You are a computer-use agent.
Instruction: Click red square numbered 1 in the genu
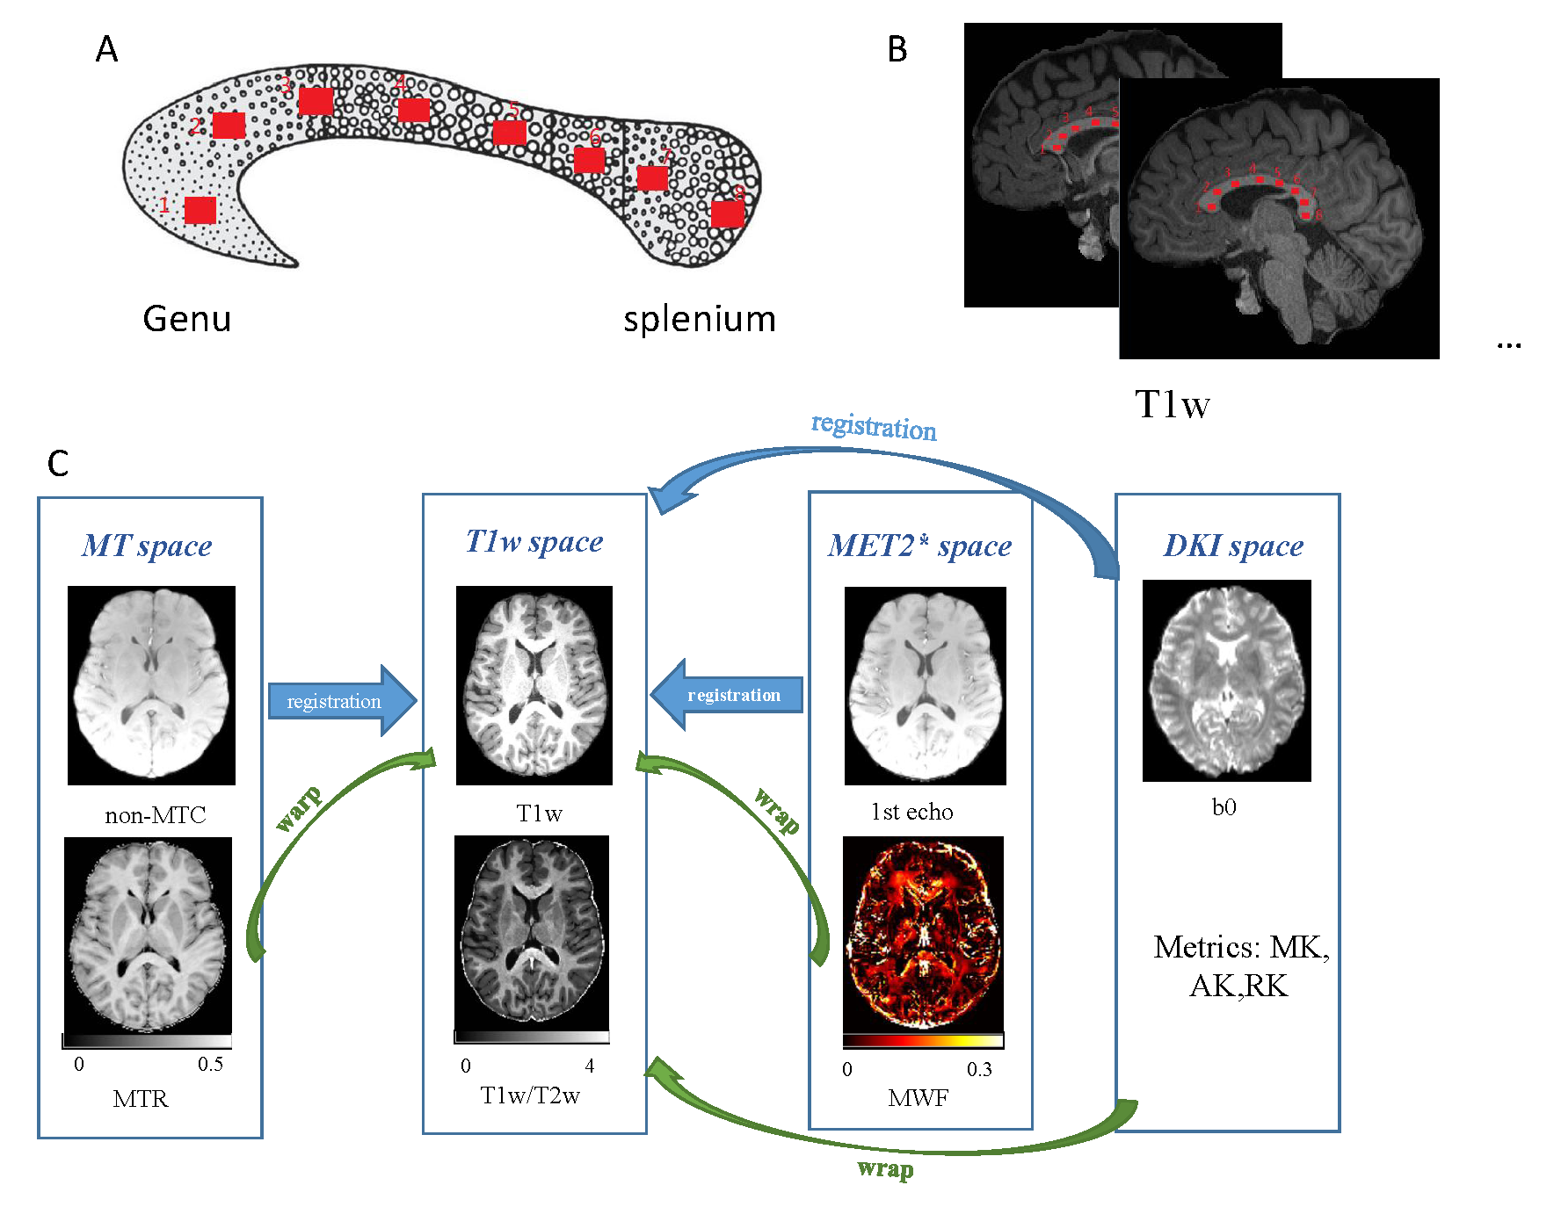tap(200, 210)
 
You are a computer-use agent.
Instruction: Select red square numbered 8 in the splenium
tap(728, 213)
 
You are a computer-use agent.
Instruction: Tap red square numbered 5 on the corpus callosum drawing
tap(510, 133)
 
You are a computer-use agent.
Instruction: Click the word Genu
tap(186, 319)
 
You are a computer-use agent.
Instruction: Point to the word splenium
tap(700, 319)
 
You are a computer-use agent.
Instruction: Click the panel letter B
tap(897, 50)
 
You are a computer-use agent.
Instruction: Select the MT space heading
tap(147, 546)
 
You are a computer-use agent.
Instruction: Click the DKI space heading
tap(1233, 546)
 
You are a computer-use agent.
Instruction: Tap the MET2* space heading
tap(919, 546)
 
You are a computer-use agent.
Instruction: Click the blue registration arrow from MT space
tap(338, 700)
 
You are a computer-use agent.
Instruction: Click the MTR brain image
tap(148, 935)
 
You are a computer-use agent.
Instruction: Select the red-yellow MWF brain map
tap(923, 933)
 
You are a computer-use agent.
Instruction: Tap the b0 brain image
tap(1226, 681)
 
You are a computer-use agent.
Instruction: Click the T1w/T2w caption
tap(530, 1095)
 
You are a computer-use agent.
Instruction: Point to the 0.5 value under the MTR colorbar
tap(210, 1064)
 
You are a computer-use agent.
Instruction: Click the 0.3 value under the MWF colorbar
tap(979, 1069)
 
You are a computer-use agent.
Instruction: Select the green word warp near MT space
tap(299, 808)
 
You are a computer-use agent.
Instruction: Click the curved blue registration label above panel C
tap(874, 427)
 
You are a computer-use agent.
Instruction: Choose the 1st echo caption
tap(911, 812)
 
